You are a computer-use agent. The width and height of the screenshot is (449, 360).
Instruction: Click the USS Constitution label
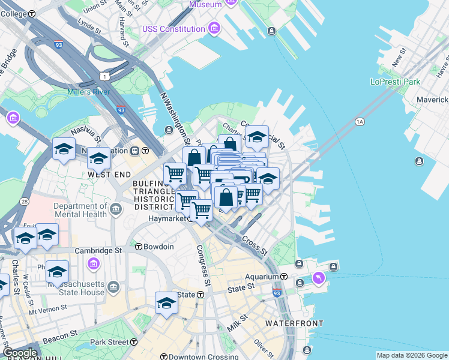(173, 29)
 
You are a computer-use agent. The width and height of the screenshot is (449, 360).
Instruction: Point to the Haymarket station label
(167, 218)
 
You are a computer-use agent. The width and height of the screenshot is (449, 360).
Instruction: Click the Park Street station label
(109, 342)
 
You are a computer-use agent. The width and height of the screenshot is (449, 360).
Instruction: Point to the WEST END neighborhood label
(109, 174)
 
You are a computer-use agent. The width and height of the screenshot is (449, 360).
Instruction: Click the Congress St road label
(204, 265)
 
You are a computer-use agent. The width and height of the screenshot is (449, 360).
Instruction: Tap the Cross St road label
(254, 242)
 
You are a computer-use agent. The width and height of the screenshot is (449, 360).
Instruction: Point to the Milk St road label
(238, 323)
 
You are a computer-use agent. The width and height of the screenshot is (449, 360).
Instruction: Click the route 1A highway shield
(360, 122)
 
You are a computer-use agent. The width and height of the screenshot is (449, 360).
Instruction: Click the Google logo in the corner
(20, 353)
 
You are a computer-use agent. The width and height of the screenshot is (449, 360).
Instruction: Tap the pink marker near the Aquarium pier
(318, 278)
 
